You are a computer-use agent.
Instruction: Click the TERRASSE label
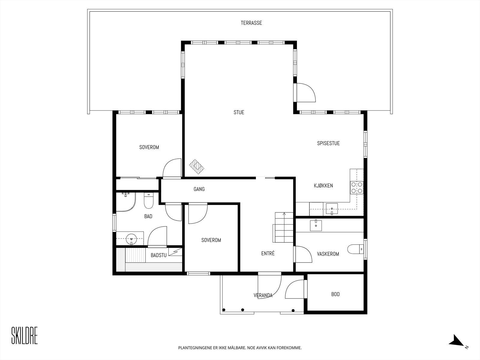click(251, 23)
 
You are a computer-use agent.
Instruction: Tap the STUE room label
click(239, 112)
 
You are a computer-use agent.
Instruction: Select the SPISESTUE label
click(328, 143)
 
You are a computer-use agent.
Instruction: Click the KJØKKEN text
click(323, 186)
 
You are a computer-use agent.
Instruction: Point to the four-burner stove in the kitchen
click(357, 187)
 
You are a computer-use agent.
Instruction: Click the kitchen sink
click(331, 208)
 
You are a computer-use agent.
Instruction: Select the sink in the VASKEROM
click(316, 225)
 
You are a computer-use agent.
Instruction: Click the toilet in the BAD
click(148, 201)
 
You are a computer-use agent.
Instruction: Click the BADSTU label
click(158, 255)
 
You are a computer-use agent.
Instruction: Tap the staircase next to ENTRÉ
click(283, 228)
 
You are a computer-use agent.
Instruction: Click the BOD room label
click(335, 294)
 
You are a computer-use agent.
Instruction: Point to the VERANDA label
click(263, 295)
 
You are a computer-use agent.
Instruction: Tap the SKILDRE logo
click(24, 336)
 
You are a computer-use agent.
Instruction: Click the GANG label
click(199, 189)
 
